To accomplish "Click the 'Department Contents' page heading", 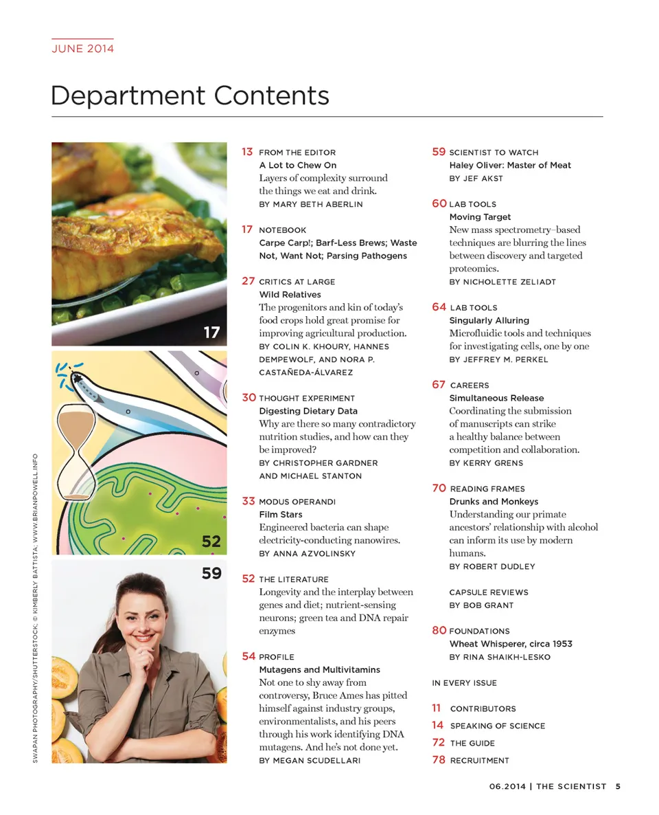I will click(x=189, y=96).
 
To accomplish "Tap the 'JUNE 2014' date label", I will click(x=82, y=48).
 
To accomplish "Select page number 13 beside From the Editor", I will click(x=247, y=152).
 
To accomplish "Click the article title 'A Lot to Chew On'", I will click(x=297, y=165).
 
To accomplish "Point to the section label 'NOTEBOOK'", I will click(x=282, y=230).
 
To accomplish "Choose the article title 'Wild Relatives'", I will click(x=290, y=294).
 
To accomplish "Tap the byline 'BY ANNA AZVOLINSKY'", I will click(x=307, y=553).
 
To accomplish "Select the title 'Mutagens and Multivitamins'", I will click(x=319, y=669).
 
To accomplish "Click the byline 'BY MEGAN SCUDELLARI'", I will click(x=310, y=761).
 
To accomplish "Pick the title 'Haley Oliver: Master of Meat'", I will click(x=510, y=165).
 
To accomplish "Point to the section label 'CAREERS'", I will click(x=470, y=386).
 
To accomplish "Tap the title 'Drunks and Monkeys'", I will click(x=494, y=502).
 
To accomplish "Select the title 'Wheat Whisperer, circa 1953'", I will click(x=510, y=644).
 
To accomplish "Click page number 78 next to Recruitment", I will click(x=438, y=760).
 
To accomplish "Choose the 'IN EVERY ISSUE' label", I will click(x=464, y=683).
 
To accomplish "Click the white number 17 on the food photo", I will click(x=211, y=333).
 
